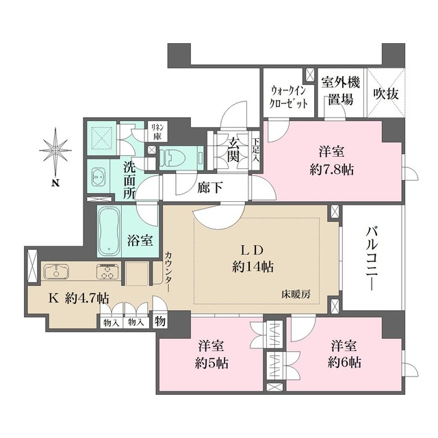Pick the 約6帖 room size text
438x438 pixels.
pos(344,363)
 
